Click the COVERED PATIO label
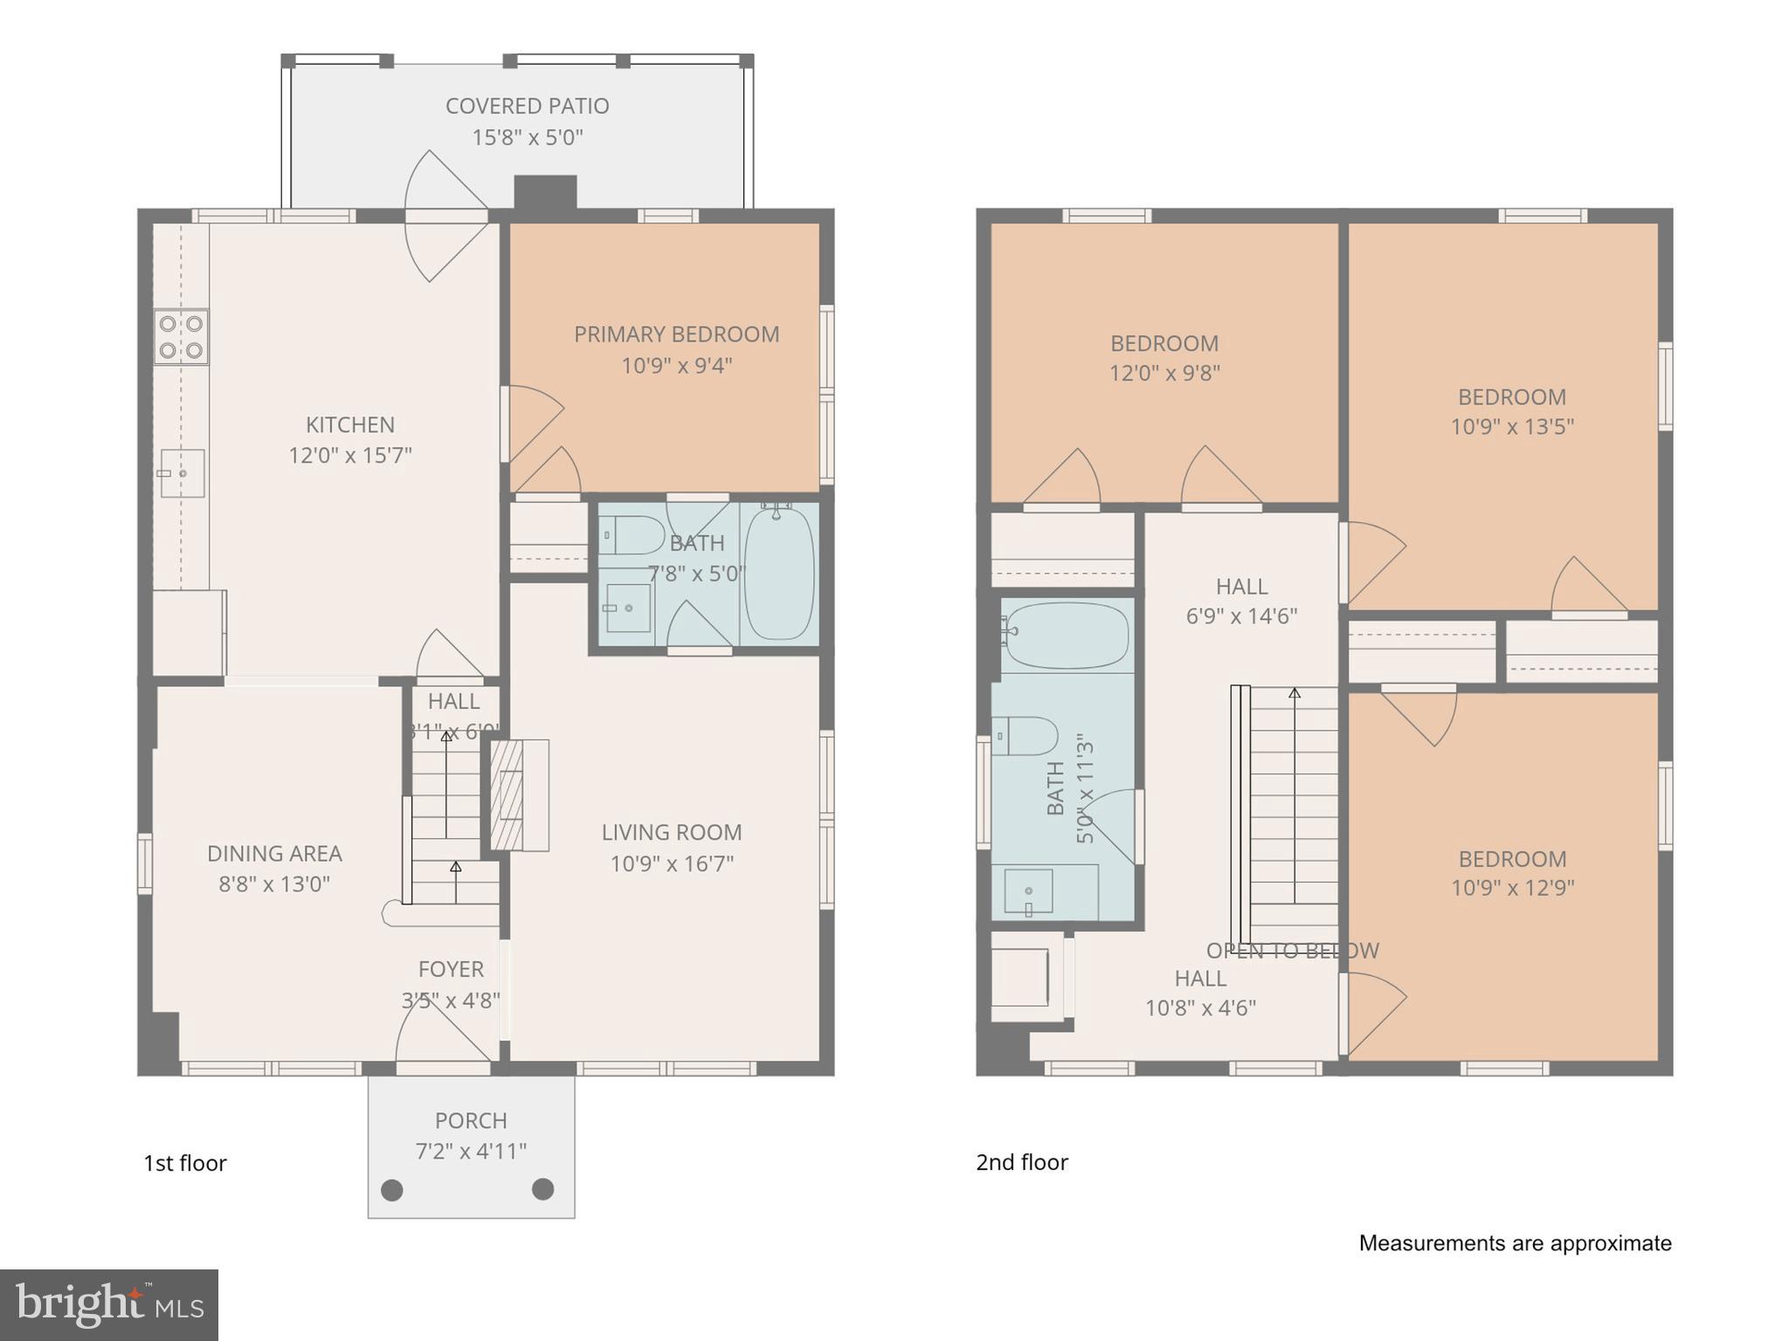(x=527, y=106)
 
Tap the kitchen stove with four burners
(x=181, y=337)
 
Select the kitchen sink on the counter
(x=182, y=473)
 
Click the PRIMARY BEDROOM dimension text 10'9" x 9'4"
(x=676, y=365)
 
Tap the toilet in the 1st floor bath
(x=632, y=535)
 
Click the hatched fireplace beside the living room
(x=507, y=795)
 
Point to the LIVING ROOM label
(x=671, y=832)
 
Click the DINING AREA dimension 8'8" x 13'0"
(x=274, y=884)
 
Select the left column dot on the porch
(x=392, y=1190)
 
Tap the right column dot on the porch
(x=543, y=1189)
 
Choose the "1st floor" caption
(x=185, y=1163)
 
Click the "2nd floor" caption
(x=1022, y=1162)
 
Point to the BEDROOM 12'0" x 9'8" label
(x=1164, y=343)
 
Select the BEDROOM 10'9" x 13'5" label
(x=1511, y=397)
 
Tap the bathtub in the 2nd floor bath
(x=1067, y=636)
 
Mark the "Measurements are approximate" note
(x=1515, y=1243)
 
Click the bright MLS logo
(x=109, y=1304)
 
